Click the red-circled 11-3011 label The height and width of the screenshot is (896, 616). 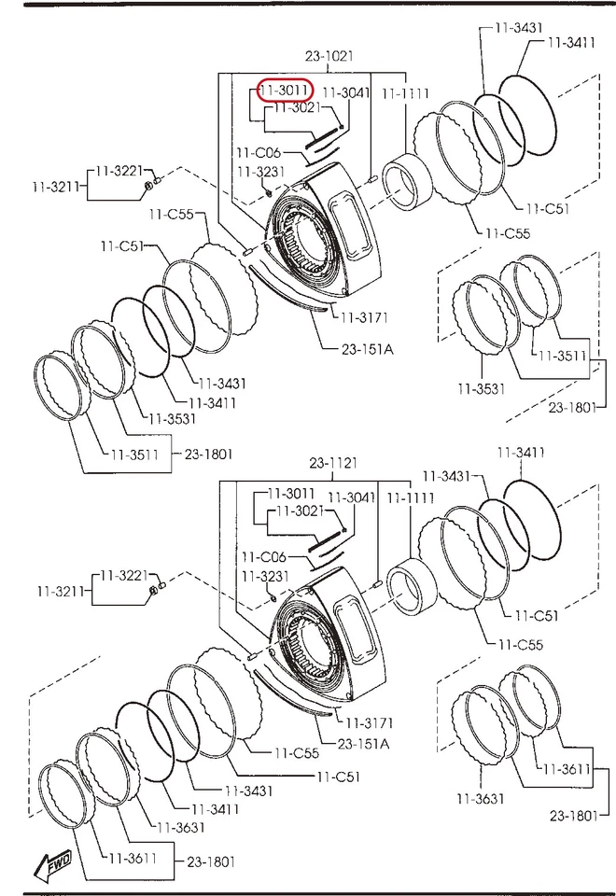click(x=285, y=91)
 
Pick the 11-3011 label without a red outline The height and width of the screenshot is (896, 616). click(x=290, y=493)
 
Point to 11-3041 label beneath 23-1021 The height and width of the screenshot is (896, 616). click(x=346, y=92)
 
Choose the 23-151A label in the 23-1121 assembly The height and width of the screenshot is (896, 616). click(x=363, y=743)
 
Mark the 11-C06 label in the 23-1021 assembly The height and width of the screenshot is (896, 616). click(x=257, y=152)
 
